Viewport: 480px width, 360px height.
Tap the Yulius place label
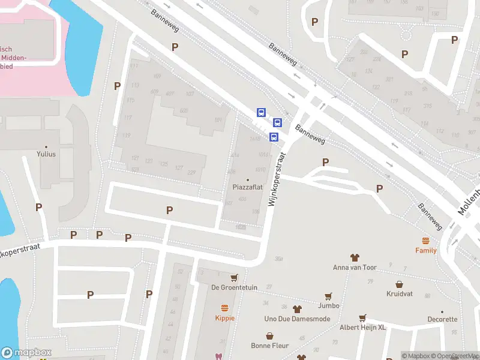46,154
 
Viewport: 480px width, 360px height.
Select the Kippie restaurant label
225,317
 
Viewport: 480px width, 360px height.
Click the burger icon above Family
426,241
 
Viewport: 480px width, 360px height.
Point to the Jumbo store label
329,305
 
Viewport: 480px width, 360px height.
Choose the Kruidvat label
399,295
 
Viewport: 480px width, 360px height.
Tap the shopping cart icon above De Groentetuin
234,278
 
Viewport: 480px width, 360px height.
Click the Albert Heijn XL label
362,327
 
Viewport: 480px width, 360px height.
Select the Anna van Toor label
355,268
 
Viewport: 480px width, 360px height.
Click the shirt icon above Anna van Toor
355,257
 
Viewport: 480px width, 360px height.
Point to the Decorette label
442,320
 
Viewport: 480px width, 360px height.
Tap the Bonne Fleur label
270,346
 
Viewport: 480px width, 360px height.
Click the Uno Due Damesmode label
297,319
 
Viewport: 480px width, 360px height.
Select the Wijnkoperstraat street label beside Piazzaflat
276,178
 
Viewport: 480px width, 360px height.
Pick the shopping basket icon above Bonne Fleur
270,335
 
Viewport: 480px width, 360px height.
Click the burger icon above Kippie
225,307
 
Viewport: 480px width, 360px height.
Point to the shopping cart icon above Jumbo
328,296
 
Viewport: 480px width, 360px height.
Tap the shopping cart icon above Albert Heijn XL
362,317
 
